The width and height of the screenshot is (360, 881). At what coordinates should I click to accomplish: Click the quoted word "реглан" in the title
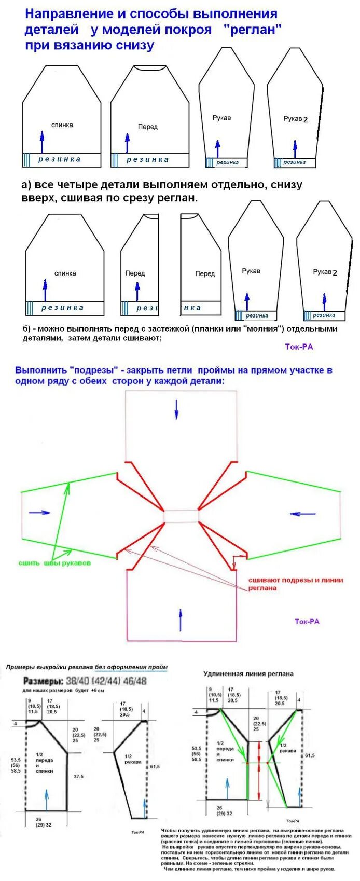coord(254,30)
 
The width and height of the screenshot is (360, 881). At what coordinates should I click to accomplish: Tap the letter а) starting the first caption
coord(26,185)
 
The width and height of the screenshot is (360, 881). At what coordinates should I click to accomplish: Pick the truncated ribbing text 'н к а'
coord(192,308)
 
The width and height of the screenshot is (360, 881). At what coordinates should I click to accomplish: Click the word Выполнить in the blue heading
coord(41,370)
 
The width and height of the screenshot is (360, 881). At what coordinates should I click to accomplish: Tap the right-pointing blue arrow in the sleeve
coord(39,512)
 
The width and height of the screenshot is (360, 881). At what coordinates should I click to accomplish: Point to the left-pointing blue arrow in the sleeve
coord(303,514)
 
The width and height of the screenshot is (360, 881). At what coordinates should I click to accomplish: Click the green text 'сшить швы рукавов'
coord(54,563)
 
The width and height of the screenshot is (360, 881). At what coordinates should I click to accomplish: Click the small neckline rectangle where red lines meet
coord(182,516)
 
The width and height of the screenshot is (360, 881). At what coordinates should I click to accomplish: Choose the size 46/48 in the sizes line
coord(135,681)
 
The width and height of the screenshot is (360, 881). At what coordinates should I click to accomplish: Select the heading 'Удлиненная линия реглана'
coord(248,673)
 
